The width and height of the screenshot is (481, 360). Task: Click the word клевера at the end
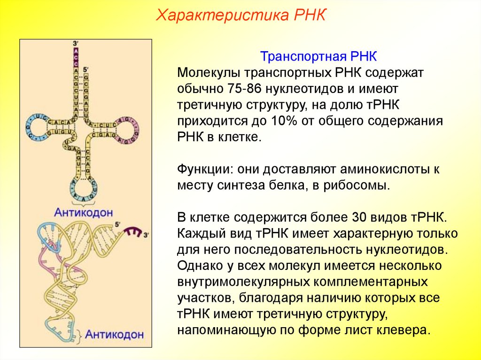pos(403,329)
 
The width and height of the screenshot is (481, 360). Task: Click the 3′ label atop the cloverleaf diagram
pos(76,44)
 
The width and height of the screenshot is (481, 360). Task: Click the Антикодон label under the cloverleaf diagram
pos(84,212)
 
